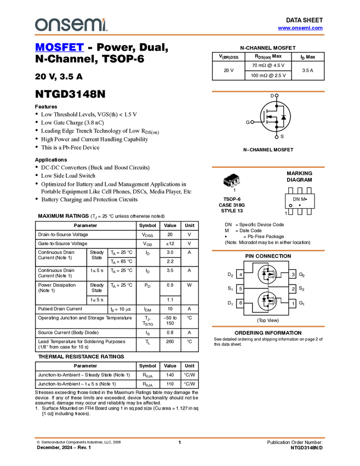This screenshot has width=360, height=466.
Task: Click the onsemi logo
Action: [71, 25]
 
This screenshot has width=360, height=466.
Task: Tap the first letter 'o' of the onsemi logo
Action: [40, 25]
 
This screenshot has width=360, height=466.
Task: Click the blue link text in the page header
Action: [300, 28]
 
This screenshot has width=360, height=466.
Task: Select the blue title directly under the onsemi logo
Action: [59, 48]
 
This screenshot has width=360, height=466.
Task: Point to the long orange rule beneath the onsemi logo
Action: [179, 35]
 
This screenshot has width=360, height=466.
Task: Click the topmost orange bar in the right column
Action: [268, 92]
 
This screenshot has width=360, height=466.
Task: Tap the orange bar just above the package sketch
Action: [268, 167]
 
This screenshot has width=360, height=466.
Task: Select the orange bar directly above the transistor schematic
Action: [268, 251]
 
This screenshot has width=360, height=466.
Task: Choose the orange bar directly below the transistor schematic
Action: [268, 326]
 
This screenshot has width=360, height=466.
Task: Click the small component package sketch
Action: [233, 183]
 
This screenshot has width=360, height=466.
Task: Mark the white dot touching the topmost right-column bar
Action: [277, 95]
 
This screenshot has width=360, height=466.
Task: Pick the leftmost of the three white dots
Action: [252, 122]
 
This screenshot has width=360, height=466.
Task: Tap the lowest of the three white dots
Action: [277, 137]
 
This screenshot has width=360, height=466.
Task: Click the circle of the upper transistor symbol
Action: [267, 274]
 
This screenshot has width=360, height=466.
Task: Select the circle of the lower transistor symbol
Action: [267, 300]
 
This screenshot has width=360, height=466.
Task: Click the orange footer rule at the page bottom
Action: [179, 438]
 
